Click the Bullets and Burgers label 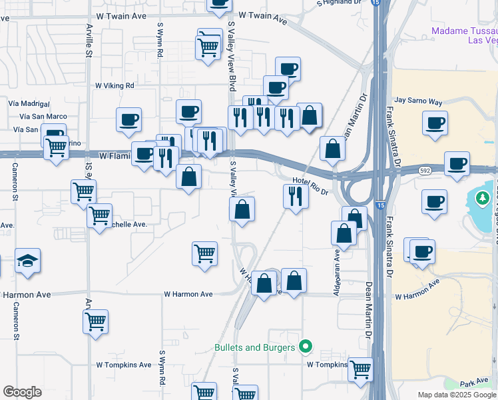pos(254,347)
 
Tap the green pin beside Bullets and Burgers pos(306,346)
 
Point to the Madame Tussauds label pos(464,35)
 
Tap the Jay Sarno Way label pos(418,102)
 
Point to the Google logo pos(22,392)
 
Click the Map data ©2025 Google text pos(456,395)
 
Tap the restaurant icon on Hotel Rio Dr pos(294,195)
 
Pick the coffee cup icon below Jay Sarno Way pos(435,123)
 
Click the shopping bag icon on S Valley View pos(242,209)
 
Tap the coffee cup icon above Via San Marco pos(129,120)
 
